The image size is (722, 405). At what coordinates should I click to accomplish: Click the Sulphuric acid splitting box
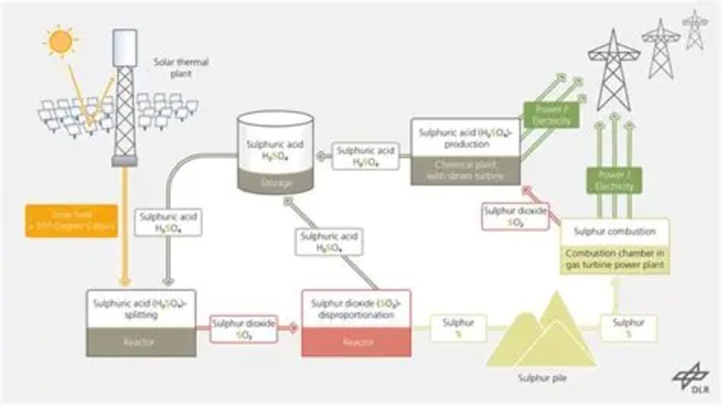(x=141, y=309)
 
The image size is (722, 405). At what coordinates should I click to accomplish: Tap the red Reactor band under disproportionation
(x=356, y=342)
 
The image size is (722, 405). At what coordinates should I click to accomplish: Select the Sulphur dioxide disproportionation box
(x=356, y=309)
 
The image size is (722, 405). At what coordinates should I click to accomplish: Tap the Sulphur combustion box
(x=614, y=232)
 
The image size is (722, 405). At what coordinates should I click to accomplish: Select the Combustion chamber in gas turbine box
(x=614, y=259)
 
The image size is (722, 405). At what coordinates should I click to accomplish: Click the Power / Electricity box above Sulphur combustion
(x=614, y=180)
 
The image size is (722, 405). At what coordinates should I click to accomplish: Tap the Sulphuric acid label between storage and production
(x=366, y=157)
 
